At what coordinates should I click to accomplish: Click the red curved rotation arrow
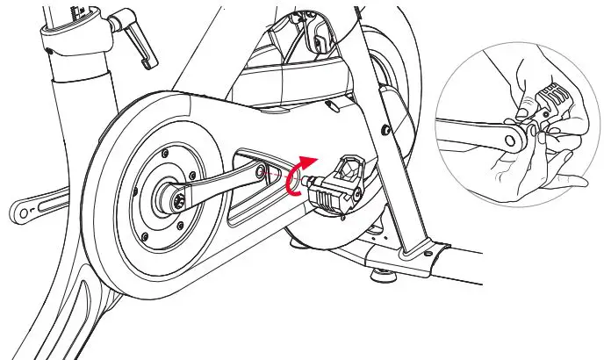[301, 170]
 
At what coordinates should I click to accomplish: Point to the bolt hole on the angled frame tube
[385, 131]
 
